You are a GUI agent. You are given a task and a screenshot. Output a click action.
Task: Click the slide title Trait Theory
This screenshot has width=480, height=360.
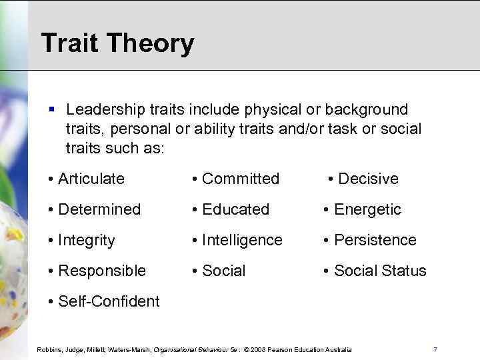[117, 43]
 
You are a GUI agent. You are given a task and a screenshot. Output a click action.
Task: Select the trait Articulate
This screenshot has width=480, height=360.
[91, 179]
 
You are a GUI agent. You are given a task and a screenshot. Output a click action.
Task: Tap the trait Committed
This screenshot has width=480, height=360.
[240, 179]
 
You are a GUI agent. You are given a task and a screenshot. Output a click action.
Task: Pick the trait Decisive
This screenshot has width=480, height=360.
[368, 179]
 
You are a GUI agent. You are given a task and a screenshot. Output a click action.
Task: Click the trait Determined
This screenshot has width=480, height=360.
[99, 209]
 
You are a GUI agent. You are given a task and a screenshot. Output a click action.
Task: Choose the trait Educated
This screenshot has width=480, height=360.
[235, 209]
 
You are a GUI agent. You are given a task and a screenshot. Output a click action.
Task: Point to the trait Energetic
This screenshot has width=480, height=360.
[367, 209]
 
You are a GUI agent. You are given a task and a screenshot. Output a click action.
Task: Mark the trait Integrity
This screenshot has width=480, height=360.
[87, 240]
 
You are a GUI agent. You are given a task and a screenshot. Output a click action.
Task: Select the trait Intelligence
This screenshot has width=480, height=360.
[242, 240]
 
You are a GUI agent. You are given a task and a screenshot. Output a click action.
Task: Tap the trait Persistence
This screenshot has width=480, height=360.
[375, 240]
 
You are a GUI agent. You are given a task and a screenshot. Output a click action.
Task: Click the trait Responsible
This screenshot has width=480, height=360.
[102, 271]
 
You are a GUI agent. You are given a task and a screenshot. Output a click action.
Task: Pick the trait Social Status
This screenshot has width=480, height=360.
[380, 271]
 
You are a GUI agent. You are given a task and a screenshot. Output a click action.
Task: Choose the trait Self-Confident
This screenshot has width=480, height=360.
[109, 301]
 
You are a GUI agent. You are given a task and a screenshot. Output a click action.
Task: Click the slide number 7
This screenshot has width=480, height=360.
[435, 349]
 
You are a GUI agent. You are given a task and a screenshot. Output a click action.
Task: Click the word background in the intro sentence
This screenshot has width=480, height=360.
[371, 109]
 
